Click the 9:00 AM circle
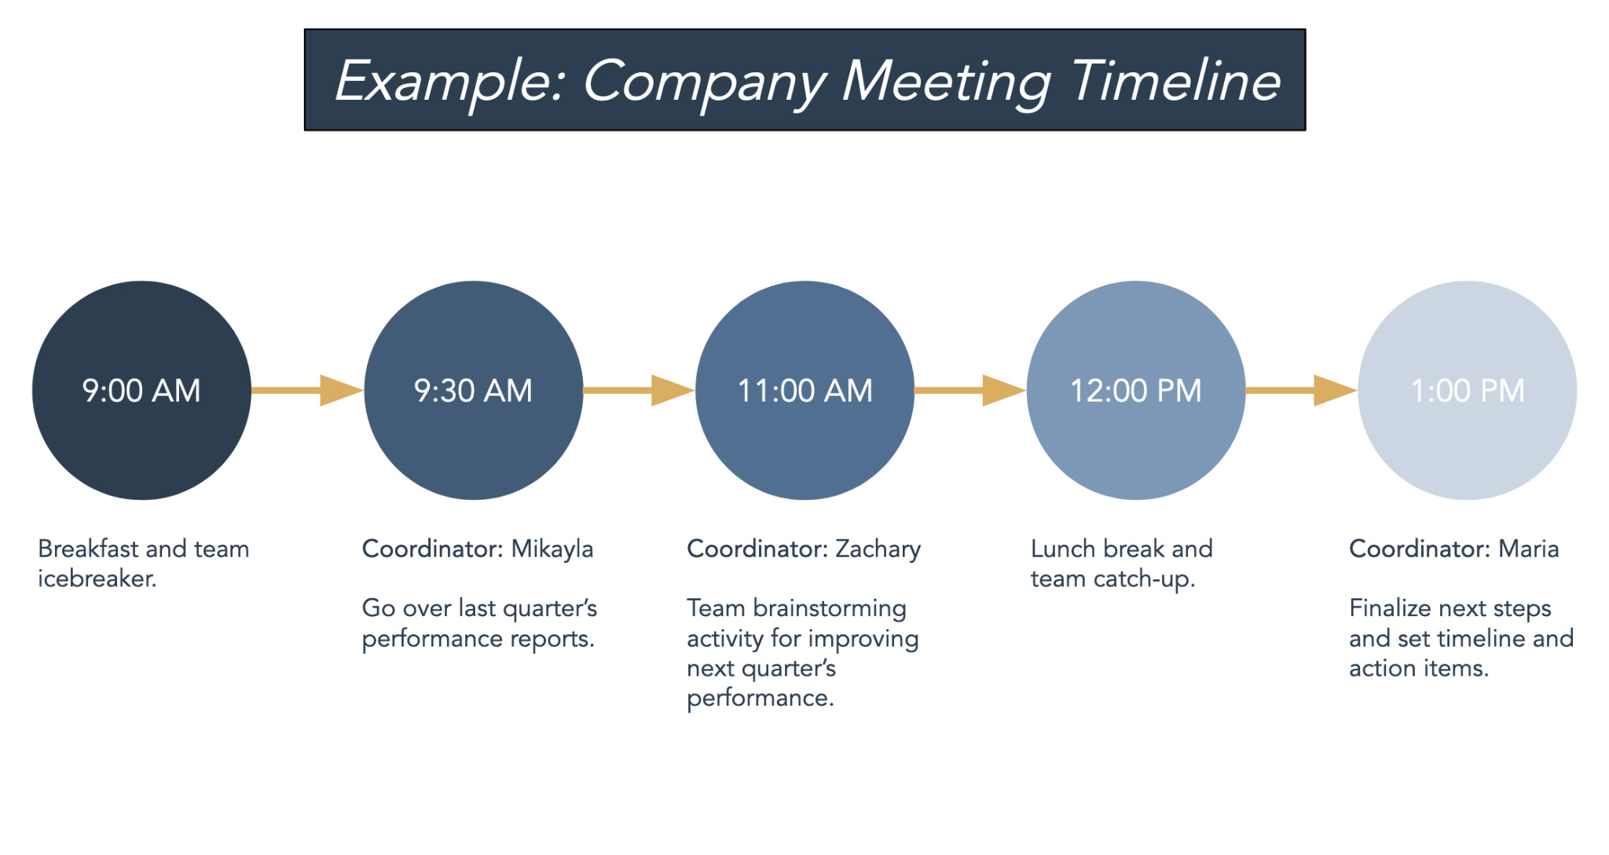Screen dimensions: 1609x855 pyautogui.click(x=141, y=391)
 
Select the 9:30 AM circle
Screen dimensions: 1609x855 pyautogui.click(x=474, y=391)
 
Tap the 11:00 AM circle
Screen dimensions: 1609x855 pyautogui.click(x=805, y=391)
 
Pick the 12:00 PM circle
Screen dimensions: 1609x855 pyautogui.click(x=1136, y=391)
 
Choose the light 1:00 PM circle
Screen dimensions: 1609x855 pyautogui.click(x=1468, y=391)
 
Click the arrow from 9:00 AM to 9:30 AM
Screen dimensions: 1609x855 pyautogui.click(x=307, y=391)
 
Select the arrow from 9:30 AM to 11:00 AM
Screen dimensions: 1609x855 pyautogui.click(x=639, y=391)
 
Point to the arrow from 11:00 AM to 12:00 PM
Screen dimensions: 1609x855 pyautogui.click(x=970, y=391)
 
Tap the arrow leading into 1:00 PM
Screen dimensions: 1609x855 pyautogui.click(x=1302, y=391)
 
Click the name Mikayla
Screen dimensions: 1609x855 pyautogui.click(x=552, y=549)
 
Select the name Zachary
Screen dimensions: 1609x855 pyautogui.click(x=878, y=549)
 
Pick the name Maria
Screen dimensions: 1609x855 pyautogui.click(x=1529, y=549)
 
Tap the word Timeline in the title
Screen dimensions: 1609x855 pyautogui.click(x=1176, y=80)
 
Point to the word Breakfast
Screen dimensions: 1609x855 pyautogui.click(x=89, y=549)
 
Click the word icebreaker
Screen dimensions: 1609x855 pyautogui.click(x=97, y=578)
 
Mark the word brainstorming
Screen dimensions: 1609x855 pyautogui.click(x=830, y=609)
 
